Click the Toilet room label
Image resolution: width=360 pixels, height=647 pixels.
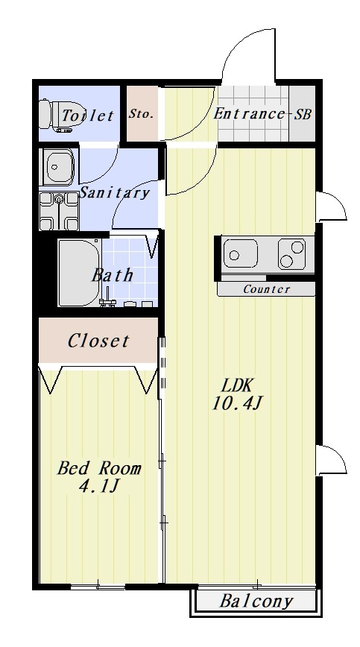coord(87,115)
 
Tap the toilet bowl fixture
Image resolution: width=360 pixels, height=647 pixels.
coord(55,115)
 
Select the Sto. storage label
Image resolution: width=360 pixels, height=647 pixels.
coord(141,113)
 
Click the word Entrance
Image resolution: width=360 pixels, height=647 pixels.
coord(249,113)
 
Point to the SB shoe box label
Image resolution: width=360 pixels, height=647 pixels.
coord(303,113)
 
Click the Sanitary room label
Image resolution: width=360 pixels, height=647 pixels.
coord(114,193)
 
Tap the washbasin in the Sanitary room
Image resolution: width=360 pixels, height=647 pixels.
coord(59,167)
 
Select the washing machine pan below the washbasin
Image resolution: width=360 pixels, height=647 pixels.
coord(59,211)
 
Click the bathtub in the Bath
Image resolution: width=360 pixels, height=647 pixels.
coord(79,273)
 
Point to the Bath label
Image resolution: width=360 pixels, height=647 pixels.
coord(112,275)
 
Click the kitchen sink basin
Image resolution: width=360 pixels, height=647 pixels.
coord(241,253)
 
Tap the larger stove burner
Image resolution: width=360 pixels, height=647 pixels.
coord(286,261)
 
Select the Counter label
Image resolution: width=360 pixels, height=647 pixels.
coord(266,289)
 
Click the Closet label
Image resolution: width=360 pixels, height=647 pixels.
coord(98,341)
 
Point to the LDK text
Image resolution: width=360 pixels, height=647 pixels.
coord(236,386)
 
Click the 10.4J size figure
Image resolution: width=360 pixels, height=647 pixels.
coord(237,403)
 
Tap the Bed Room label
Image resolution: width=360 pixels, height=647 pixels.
coord(99,468)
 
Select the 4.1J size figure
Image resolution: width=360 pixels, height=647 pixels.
coord(99,487)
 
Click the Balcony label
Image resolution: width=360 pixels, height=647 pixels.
coord(256,602)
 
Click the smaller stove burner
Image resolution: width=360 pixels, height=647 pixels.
coord(297,247)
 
